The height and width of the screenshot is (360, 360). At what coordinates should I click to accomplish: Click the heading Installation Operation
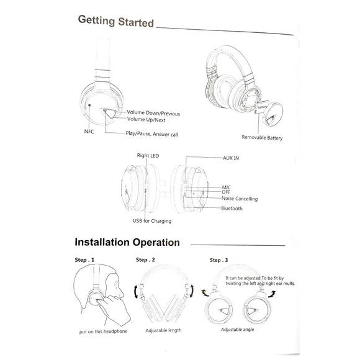point(127,241)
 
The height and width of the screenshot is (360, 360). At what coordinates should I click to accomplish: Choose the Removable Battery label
point(262,138)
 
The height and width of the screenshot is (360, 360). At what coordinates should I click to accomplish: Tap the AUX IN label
point(230,159)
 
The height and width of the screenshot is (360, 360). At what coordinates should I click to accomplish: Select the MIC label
point(227,187)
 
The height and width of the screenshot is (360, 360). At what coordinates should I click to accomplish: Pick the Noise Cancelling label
point(239,199)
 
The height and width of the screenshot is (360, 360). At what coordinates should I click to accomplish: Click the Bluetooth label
point(232,209)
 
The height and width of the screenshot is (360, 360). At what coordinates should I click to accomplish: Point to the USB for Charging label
point(151,221)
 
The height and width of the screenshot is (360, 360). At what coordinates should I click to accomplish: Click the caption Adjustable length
point(163,331)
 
